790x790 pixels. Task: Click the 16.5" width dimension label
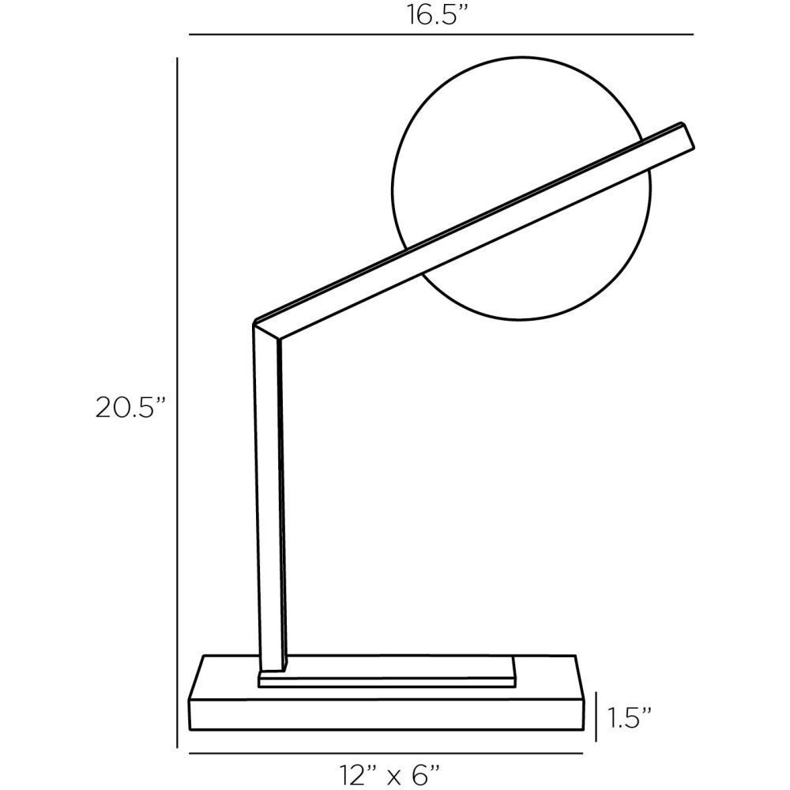[x=434, y=17]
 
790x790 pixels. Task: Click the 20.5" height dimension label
[x=131, y=408]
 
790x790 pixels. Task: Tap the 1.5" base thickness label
[x=630, y=717]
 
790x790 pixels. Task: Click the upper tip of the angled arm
[x=686, y=135]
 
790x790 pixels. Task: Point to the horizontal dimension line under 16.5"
[x=441, y=35]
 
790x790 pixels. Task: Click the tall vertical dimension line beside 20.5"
[x=177, y=403]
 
